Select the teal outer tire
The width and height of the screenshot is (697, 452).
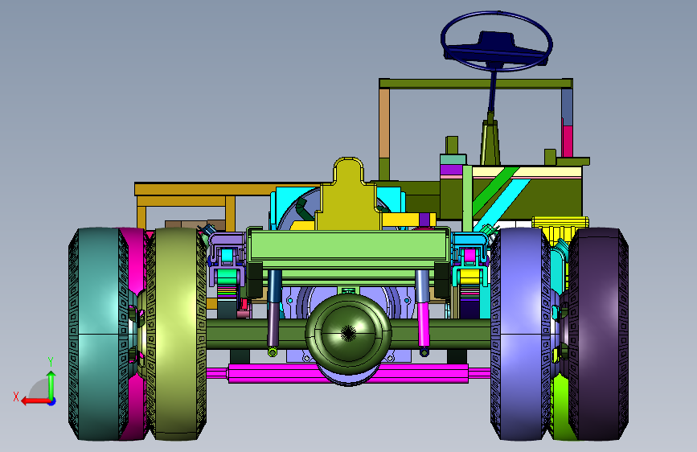pos(96,334)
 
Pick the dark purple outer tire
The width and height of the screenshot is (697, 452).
pos(598,334)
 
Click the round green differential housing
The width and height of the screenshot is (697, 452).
pos(348,333)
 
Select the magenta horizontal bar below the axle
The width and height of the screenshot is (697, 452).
pos(348,373)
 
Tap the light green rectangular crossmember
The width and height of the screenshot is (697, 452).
pos(348,248)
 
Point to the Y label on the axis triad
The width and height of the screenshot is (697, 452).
pos(51,362)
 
